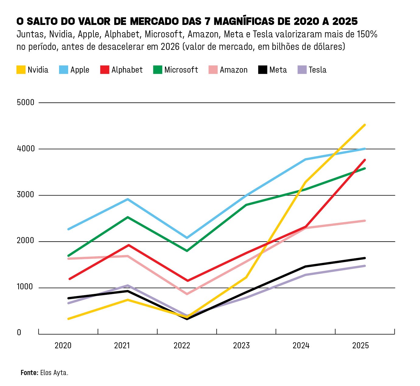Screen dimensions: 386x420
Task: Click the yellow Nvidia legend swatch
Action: coord(21,70)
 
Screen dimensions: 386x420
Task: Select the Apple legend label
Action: coord(80,70)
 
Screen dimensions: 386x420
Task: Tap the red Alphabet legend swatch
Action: coord(105,70)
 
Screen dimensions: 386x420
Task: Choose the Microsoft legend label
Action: coord(181,70)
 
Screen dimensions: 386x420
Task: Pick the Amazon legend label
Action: coord(233,70)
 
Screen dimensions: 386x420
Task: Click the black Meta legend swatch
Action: coord(263,70)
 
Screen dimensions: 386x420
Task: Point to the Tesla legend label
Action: coord(317,70)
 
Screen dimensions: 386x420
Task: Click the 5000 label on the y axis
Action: coord(26,102)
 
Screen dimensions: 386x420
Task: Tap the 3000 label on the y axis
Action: coord(26,195)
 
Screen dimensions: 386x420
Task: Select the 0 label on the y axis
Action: coord(19,333)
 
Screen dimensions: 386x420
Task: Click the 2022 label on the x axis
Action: coord(182,346)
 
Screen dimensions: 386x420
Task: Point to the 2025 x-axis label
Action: coord(360,346)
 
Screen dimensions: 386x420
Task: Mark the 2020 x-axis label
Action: coord(63,346)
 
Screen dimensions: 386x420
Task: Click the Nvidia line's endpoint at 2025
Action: coord(365,125)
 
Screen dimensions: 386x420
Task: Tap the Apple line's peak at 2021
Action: coord(128,199)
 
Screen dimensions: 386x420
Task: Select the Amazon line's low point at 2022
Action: coord(187,294)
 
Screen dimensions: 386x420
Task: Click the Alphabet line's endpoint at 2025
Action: coord(365,160)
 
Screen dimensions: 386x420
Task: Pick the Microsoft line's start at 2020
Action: coord(68,256)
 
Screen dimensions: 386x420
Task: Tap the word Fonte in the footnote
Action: coord(29,373)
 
